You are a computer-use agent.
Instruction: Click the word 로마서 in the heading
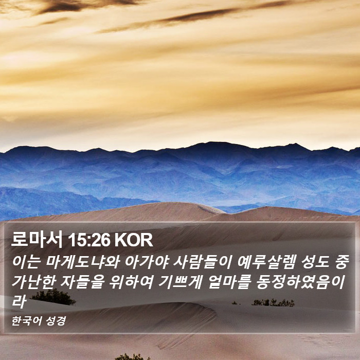pos(37,240)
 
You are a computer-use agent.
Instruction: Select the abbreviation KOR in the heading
pos(134,240)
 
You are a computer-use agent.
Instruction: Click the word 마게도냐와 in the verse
pos(82,262)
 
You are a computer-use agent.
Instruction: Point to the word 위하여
pos(131,282)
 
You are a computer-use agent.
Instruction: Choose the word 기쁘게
pos(181,282)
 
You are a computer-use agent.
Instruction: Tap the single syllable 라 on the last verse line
pos(19,301)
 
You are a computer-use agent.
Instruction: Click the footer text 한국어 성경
pos(39,321)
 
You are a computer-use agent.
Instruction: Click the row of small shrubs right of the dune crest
pos(273,302)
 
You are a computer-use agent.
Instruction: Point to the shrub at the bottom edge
pos(132,357)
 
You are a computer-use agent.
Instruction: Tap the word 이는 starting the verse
pos(26,262)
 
